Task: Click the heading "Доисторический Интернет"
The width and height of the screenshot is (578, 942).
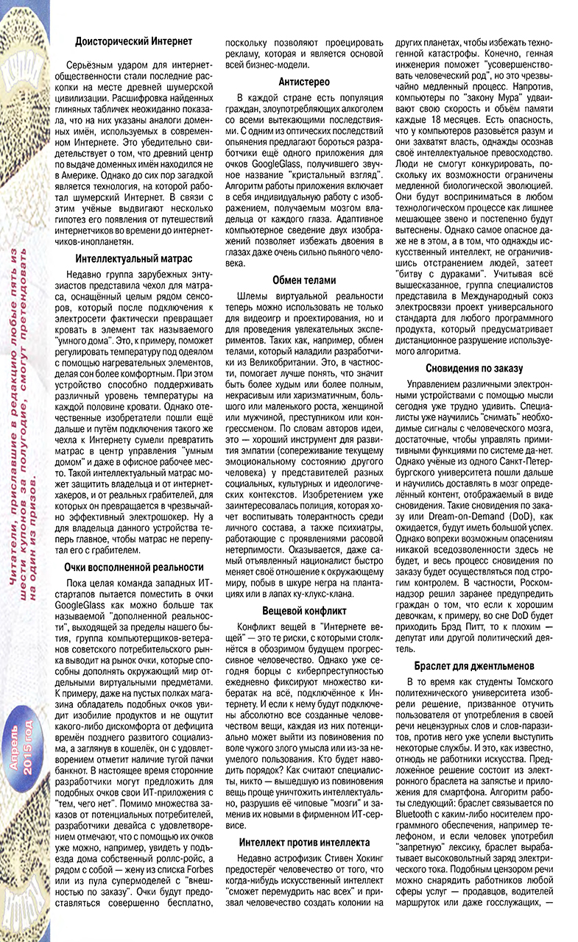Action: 135,43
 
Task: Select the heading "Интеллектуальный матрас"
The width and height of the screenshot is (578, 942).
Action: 135,258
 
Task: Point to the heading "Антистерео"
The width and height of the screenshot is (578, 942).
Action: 304,82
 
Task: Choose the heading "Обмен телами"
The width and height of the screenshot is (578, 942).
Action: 304,280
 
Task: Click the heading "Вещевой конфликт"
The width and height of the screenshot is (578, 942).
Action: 304,611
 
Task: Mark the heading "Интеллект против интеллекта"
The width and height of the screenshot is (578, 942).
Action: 304,841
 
